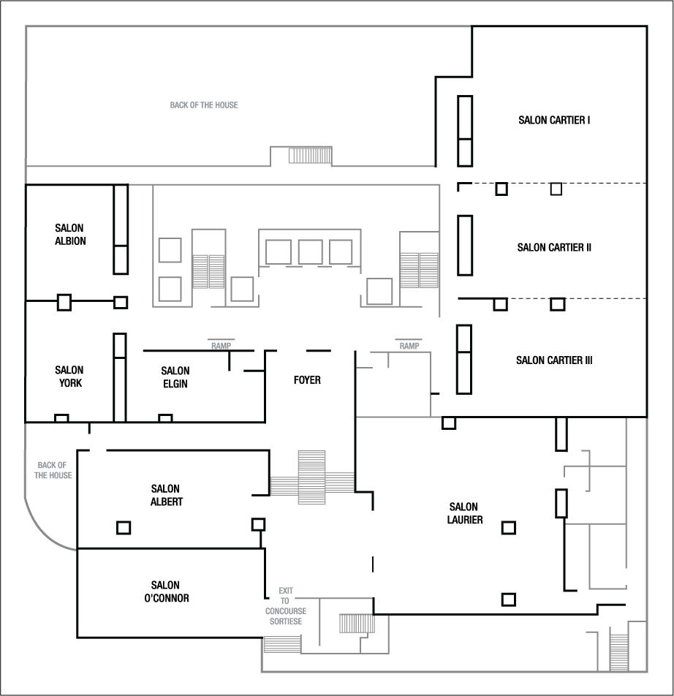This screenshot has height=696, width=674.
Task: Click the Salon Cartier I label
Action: tap(554, 120)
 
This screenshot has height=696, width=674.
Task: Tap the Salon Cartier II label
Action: tap(554, 248)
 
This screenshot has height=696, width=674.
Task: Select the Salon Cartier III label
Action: tap(554, 360)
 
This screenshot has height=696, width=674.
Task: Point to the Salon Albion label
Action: tap(69, 235)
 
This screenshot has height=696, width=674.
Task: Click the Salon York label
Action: tap(69, 377)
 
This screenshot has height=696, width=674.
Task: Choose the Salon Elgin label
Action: tap(175, 377)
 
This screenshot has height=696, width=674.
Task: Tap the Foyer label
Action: tap(307, 380)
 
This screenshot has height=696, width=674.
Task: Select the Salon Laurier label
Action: tap(464, 513)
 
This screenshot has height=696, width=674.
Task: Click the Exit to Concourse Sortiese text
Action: tap(284, 606)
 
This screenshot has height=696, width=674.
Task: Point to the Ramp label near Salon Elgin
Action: tap(221, 346)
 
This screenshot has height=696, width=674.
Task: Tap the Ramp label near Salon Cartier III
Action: tap(409, 346)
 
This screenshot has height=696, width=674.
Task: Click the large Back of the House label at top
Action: tap(204, 105)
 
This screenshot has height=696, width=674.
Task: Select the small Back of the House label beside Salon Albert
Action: tap(53, 470)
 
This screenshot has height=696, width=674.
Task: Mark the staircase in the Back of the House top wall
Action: tap(310, 156)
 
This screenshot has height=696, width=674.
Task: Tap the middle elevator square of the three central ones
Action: tap(310, 251)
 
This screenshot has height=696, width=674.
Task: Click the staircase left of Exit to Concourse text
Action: tap(282, 644)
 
